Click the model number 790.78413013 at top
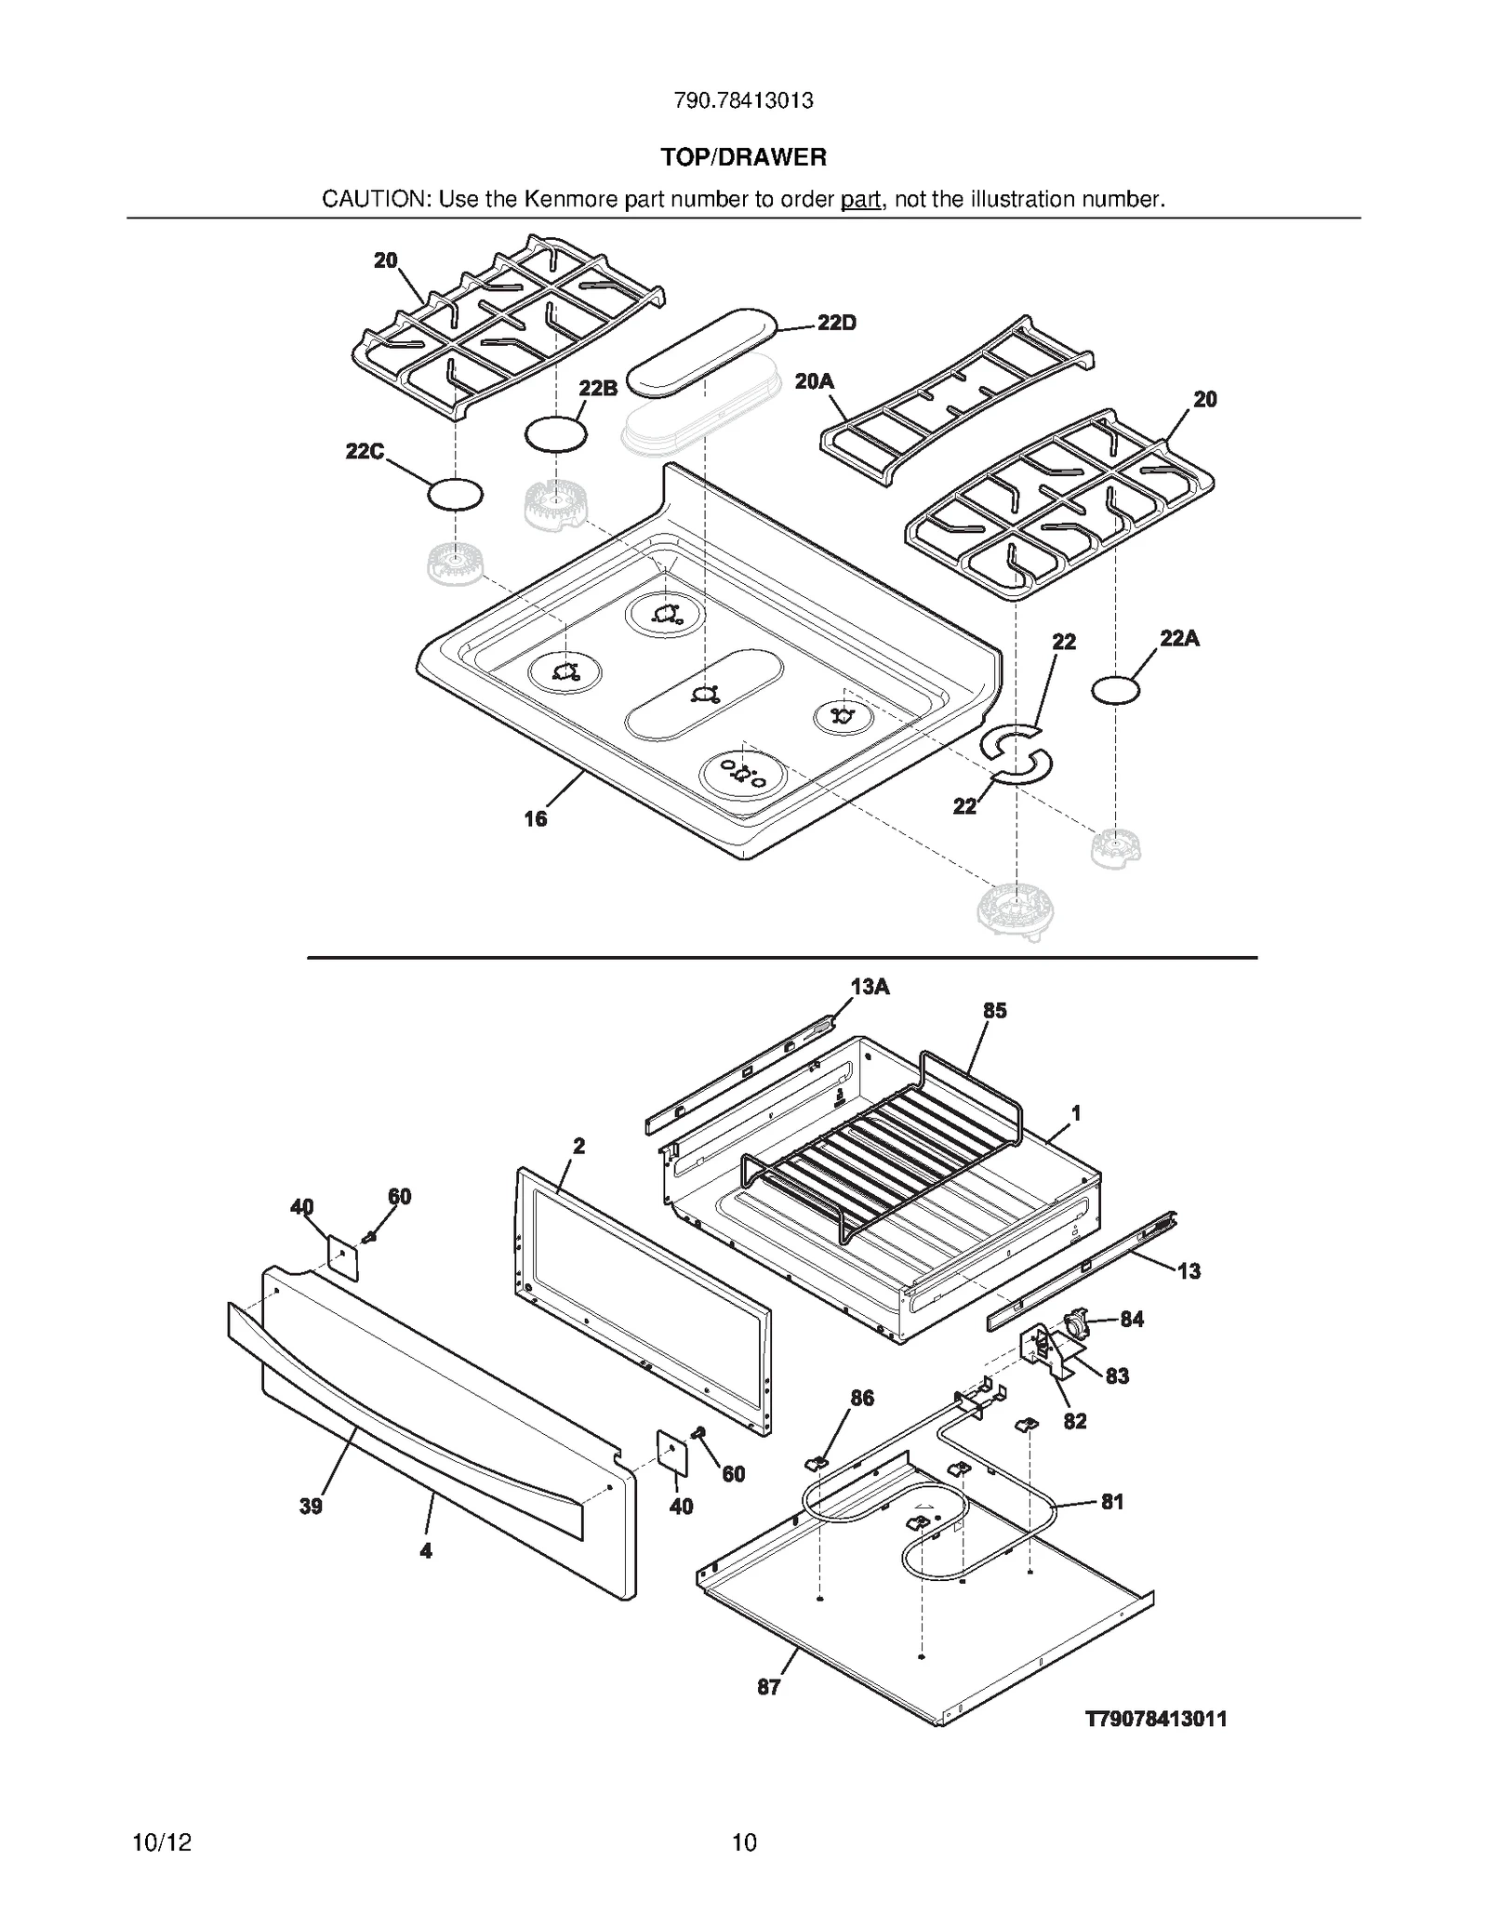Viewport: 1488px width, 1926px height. pyautogui.click(x=743, y=100)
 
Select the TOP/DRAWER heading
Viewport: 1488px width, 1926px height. pyautogui.click(x=743, y=157)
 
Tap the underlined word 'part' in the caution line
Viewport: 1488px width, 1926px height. pyautogui.click(x=860, y=199)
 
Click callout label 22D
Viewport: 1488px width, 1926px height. pyautogui.click(x=836, y=323)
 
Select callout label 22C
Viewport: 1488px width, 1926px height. pyautogui.click(x=365, y=451)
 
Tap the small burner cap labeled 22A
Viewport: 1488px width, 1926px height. pyautogui.click(x=1115, y=691)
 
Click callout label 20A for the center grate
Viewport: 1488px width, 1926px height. pyautogui.click(x=814, y=381)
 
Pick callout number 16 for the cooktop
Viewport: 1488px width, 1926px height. pyautogui.click(x=536, y=818)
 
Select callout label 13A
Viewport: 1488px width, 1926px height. pyautogui.click(x=870, y=987)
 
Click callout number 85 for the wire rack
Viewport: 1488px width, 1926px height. pyautogui.click(x=994, y=1010)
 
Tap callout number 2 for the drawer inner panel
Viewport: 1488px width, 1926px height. pyautogui.click(x=578, y=1146)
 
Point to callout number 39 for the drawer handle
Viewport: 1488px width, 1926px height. pyautogui.click(x=311, y=1506)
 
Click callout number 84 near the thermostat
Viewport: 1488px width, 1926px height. pyautogui.click(x=1132, y=1319)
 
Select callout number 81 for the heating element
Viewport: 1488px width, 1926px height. pyautogui.click(x=1112, y=1501)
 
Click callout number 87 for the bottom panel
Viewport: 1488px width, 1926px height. pyautogui.click(x=768, y=1687)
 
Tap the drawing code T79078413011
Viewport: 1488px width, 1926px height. pyautogui.click(x=1156, y=1719)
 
